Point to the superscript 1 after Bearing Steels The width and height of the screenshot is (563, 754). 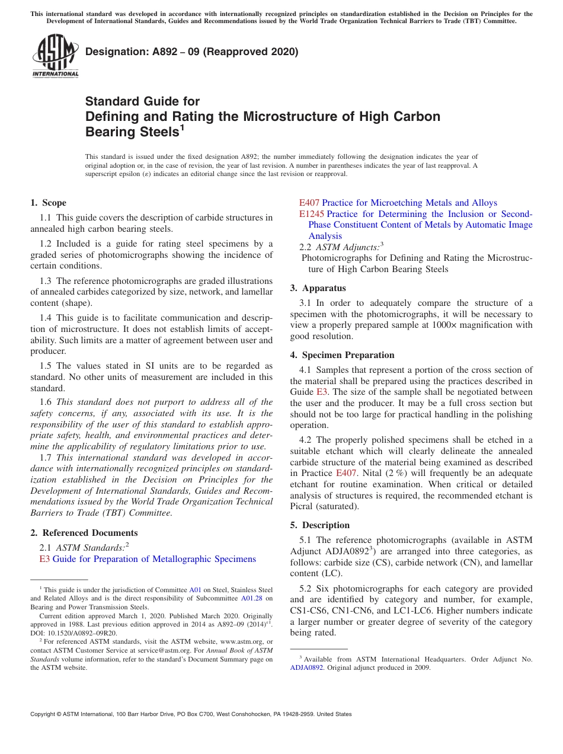(183, 127)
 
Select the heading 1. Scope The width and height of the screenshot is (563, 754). (49, 203)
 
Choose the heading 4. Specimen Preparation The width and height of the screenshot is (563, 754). (342, 355)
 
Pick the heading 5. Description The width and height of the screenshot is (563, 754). (320, 525)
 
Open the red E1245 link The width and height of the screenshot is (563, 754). (311, 214)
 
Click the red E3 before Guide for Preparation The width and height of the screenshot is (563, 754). (44, 559)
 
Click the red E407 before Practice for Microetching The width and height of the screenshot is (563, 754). (309, 203)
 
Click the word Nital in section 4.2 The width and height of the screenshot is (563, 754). (372, 473)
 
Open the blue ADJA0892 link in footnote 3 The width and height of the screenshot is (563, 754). (306, 667)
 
